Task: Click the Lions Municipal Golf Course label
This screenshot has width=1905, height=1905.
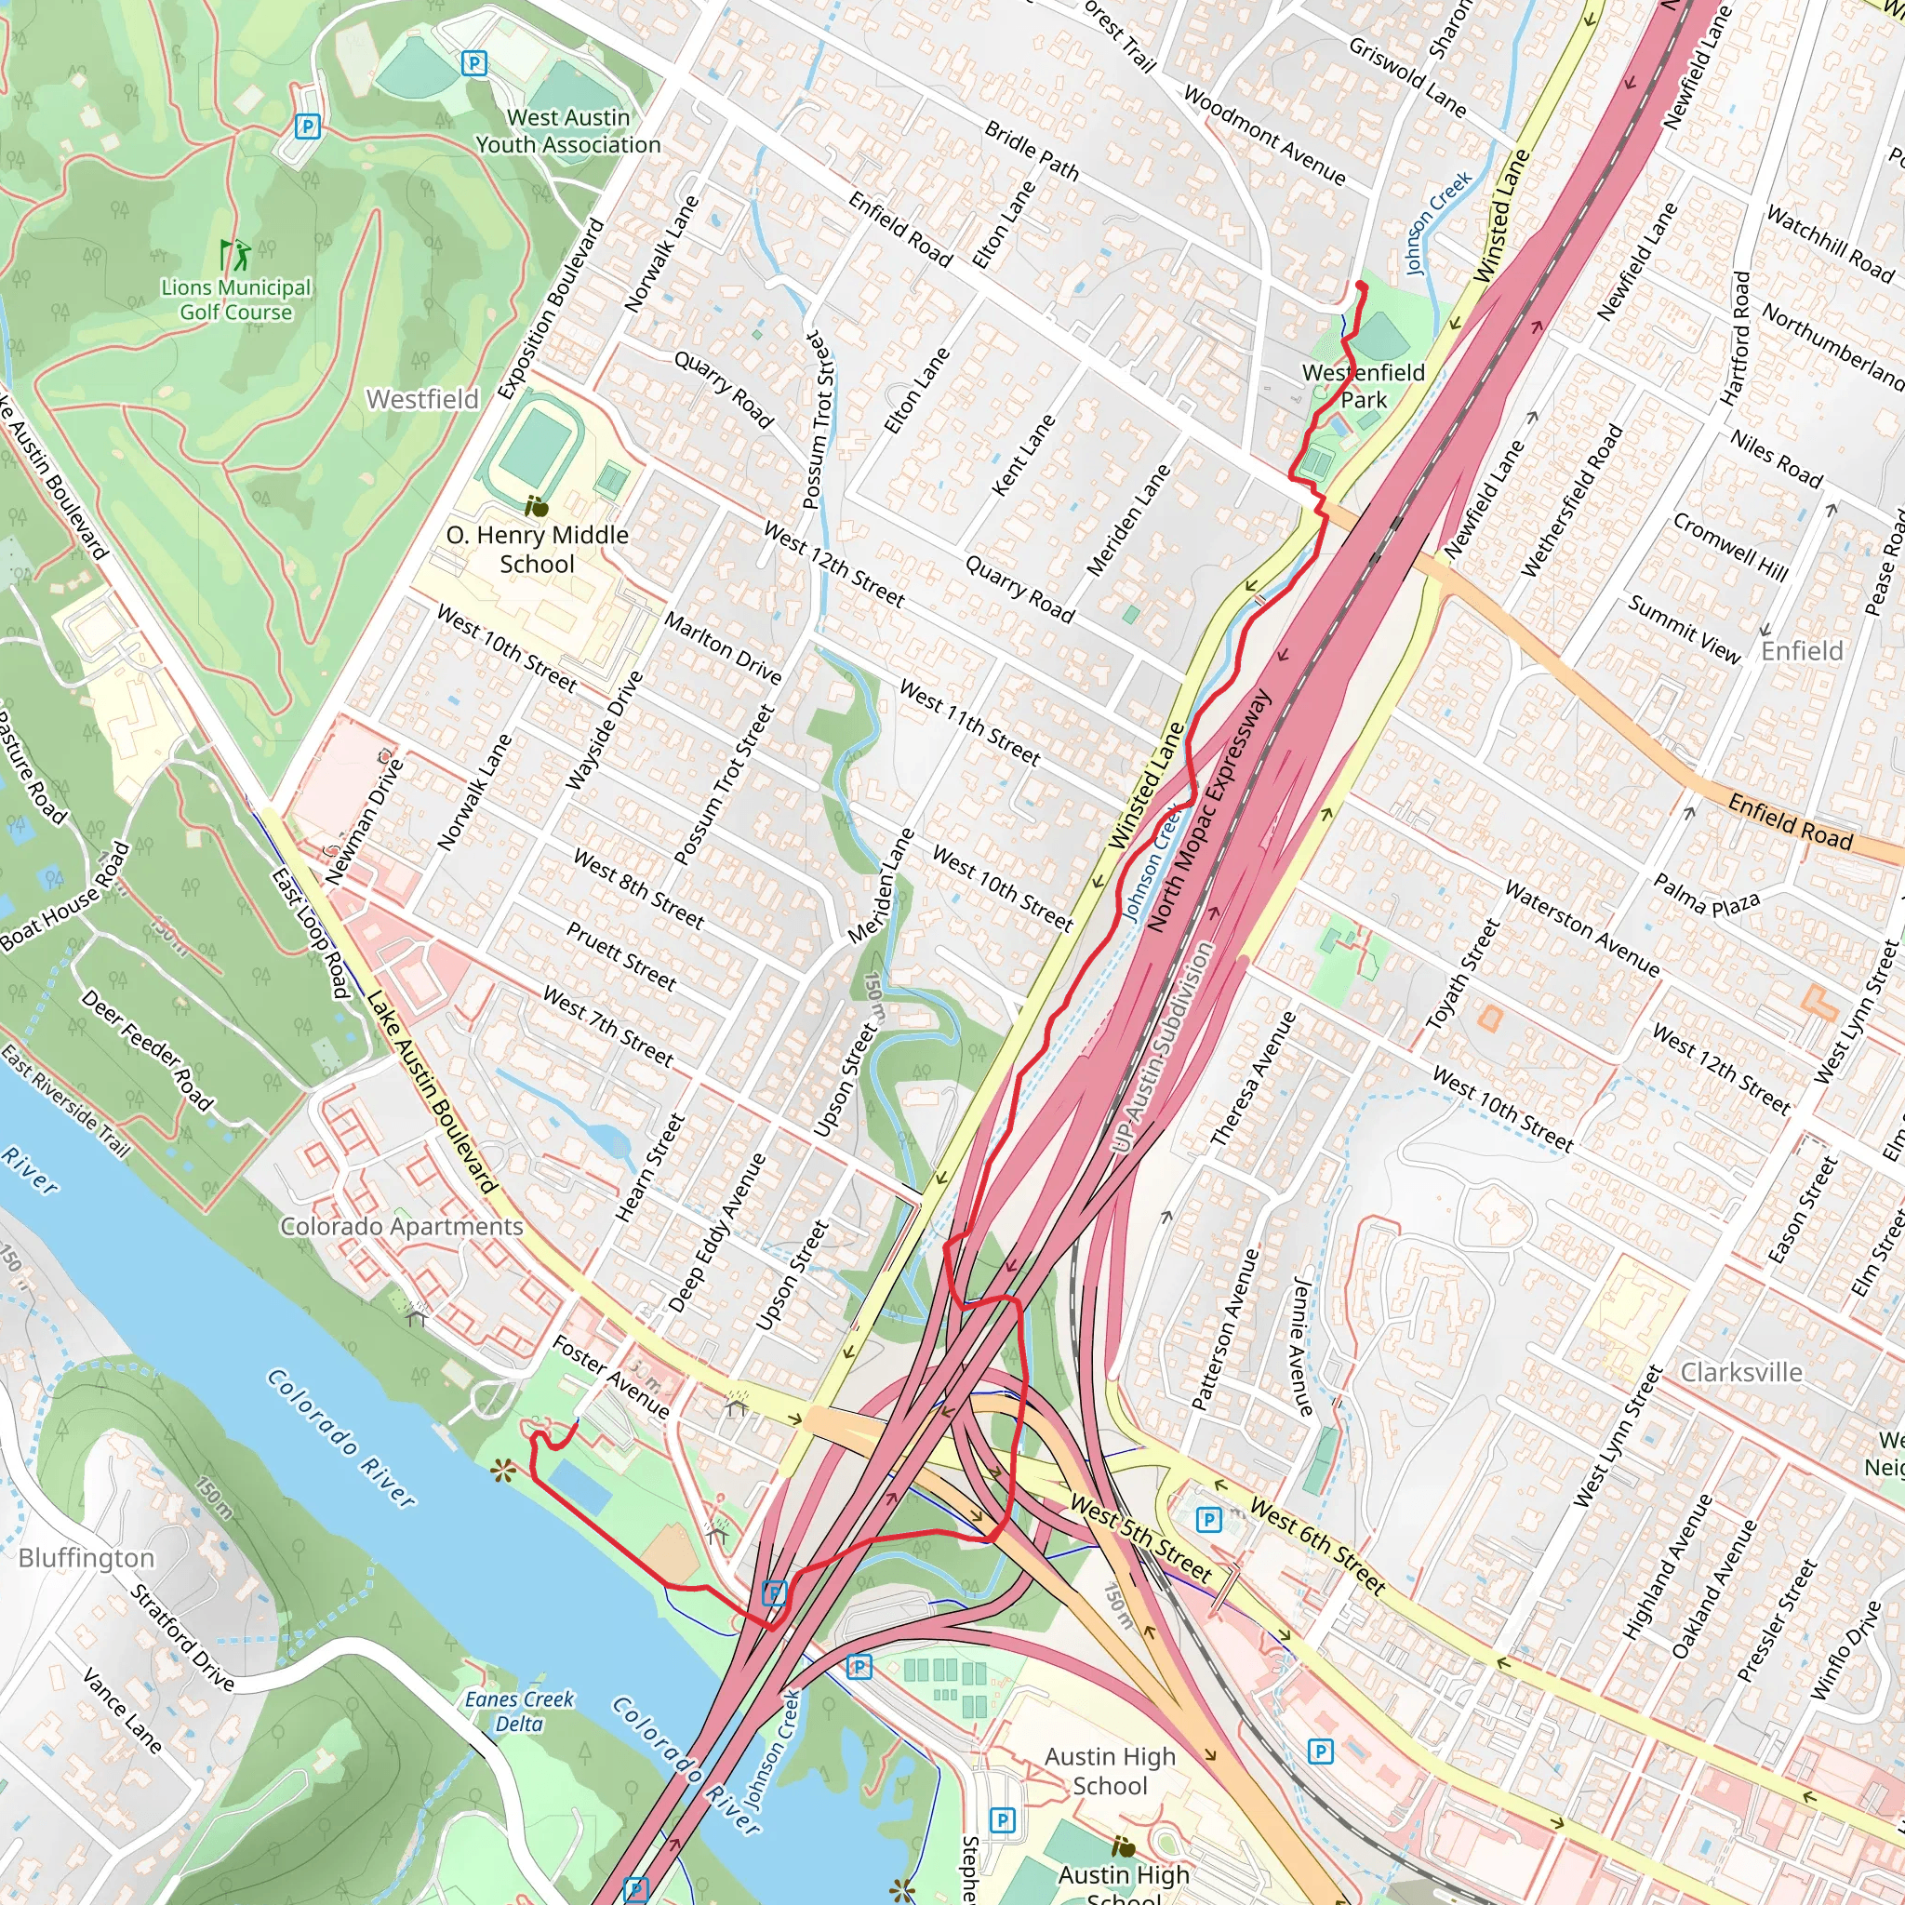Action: point(235,300)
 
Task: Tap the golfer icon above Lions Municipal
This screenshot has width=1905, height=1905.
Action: point(236,256)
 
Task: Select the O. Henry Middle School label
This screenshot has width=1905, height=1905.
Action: point(538,549)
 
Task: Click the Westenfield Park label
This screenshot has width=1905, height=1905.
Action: point(1364,385)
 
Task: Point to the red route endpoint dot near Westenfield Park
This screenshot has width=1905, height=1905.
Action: point(1361,286)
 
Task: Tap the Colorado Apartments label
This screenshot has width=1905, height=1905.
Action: point(401,1227)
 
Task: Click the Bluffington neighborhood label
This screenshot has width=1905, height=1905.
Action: point(87,1558)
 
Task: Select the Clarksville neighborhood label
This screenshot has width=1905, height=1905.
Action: point(1741,1373)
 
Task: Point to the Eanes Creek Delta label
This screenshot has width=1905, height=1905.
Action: point(519,1711)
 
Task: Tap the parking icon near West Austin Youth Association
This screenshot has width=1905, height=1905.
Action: point(474,64)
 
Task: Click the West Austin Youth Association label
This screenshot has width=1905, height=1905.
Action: point(568,131)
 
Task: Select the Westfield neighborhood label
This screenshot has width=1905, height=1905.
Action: point(422,399)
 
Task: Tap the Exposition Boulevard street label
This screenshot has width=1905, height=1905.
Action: point(551,309)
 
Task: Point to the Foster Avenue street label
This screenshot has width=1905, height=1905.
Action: point(610,1377)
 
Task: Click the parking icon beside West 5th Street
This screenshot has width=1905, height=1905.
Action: point(1209,1520)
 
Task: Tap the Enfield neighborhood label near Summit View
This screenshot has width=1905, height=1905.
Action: point(1802,651)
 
